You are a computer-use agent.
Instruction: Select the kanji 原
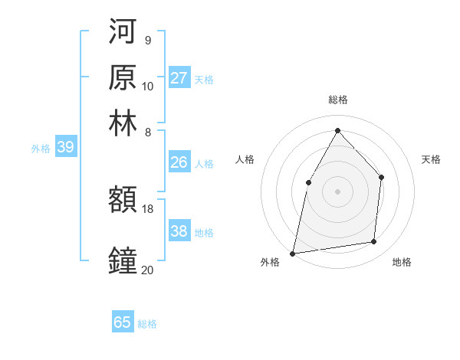pyautogui.click(x=123, y=78)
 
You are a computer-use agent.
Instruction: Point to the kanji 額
pyautogui.click(x=123, y=201)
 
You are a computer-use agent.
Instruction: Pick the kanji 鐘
pyautogui.click(x=123, y=260)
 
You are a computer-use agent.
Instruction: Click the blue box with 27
pyautogui.click(x=179, y=78)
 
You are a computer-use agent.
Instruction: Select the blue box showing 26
pyautogui.click(x=179, y=162)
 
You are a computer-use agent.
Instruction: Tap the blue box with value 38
pyautogui.click(x=179, y=231)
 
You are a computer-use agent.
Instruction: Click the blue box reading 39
pyautogui.click(x=65, y=148)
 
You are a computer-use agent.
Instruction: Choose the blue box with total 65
pyautogui.click(x=123, y=322)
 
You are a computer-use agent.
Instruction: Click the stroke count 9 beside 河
pyautogui.click(x=147, y=40)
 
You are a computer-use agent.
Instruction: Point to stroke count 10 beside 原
pyautogui.click(x=148, y=86)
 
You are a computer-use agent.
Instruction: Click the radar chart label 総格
pyautogui.click(x=338, y=100)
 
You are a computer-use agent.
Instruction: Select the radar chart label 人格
pyautogui.click(x=245, y=159)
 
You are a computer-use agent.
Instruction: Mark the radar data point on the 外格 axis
pyautogui.click(x=293, y=253)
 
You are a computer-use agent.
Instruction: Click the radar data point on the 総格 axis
pyautogui.click(x=337, y=130)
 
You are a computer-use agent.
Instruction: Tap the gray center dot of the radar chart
pyautogui.click(x=337, y=191)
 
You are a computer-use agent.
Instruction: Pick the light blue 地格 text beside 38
pyautogui.click(x=204, y=233)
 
